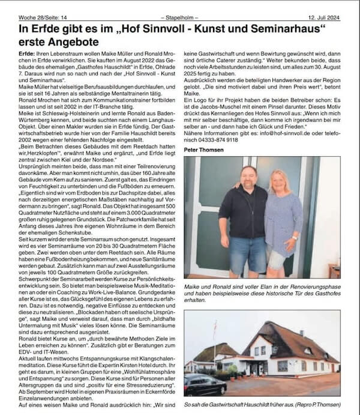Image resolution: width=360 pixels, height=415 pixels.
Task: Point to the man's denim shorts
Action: click(248, 252)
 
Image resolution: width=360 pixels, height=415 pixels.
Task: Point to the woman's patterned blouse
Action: click(283, 219)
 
